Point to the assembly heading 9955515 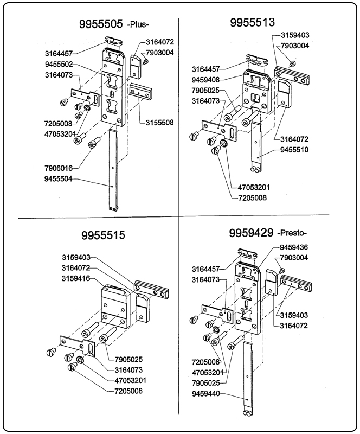coord(102,236)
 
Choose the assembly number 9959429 coord(252,233)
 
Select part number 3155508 coord(159,123)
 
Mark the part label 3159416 coord(76,278)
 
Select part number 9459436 coord(294,247)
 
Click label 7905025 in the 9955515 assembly coord(128,359)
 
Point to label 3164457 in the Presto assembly coord(206,269)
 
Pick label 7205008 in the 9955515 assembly coord(128,391)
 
